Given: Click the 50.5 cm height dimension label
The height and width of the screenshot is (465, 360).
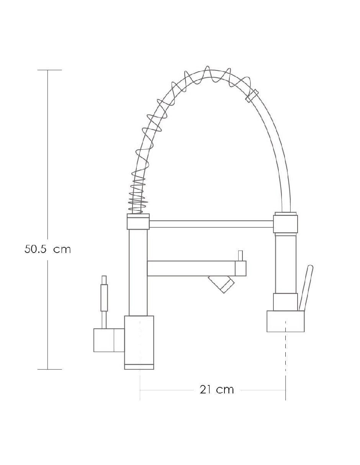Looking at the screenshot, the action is pos(47,249).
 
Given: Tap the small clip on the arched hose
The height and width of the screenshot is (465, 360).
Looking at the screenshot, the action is pos(252,96).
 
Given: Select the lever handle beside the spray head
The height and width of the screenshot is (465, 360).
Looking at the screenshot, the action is pos(306,288).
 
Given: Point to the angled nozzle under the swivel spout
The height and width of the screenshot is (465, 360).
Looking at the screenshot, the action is pos(221,284).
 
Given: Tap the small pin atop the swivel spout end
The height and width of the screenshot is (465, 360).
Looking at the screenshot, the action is pos(241,256).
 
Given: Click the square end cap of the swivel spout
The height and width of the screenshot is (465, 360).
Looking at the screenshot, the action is pos(241,268).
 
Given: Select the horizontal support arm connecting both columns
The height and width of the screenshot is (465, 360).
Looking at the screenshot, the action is pos(211,224).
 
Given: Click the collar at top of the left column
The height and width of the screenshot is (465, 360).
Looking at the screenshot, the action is pos(138,222).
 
